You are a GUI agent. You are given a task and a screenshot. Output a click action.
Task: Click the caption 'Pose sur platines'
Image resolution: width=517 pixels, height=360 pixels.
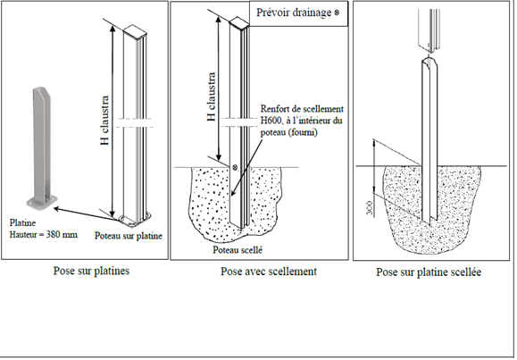click(x=91, y=271)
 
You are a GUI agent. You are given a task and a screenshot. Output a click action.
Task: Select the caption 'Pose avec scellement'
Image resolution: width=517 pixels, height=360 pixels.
click(x=269, y=272)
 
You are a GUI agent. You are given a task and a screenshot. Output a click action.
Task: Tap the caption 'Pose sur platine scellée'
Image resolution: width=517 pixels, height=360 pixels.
click(x=429, y=272)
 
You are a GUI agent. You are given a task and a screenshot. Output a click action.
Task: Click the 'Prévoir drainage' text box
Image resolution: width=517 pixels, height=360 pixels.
click(x=299, y=13)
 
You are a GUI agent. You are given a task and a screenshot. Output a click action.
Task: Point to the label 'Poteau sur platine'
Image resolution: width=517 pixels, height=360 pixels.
click(x=129, y=236)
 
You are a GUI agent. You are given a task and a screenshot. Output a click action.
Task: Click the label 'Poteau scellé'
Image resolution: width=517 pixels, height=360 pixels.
click(x=238, y=250)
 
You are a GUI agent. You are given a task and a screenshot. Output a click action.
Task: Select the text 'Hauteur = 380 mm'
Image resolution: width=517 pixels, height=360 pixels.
click(x=44, y=235)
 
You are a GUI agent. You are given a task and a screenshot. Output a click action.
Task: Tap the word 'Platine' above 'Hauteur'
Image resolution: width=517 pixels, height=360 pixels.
click(x=22, y=222)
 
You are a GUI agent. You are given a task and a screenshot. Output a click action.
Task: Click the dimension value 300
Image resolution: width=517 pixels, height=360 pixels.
click(x=370, y=208)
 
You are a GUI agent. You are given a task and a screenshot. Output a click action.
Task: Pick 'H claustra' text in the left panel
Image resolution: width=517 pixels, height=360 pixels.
click(x=104, y=121)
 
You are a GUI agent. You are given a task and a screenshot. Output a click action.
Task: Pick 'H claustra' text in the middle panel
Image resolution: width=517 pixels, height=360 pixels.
click(x=212, y=96)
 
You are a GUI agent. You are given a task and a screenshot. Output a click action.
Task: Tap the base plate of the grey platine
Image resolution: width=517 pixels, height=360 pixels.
click(x=42, y=202)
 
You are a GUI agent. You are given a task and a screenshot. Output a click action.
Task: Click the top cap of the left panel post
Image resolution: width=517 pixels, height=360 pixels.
click(x=135, y=31)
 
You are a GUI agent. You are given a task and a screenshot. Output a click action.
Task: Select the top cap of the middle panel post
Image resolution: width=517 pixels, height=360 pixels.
click(x=239, y=23)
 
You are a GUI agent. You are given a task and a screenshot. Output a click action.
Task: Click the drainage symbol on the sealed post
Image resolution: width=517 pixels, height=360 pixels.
click(x=235, y=167)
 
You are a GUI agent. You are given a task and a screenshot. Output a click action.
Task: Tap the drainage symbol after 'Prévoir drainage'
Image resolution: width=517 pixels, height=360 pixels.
click(x=337, y=13)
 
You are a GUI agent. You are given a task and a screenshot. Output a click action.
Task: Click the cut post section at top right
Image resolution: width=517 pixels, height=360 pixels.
click(x=429, y=30)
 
